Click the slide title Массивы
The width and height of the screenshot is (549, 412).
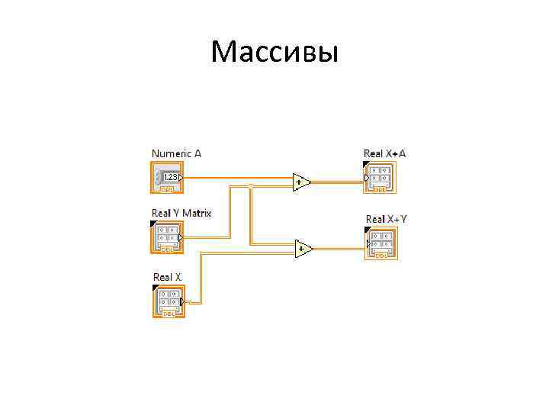[x=274, y=53]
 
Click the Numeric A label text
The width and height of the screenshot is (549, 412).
[x=176, y=153]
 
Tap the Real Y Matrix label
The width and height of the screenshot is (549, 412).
[x=181, y=212]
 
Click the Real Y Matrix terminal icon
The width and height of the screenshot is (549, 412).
[x=166, y=237]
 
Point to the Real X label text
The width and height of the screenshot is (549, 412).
[x=167, y=276]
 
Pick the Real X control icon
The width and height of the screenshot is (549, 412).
[x=167, y=301]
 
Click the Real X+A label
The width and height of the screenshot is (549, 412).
[x=385, y=153]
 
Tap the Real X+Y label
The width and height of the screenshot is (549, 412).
[x=386, y=219]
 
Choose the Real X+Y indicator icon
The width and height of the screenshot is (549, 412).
[x=380, y=243]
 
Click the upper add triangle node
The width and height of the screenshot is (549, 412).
[x=301, y=182]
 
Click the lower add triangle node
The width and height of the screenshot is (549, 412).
[x=303, y=248]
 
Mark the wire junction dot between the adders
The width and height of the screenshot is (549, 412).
[x=251, y=185]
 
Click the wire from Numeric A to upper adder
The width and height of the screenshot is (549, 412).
[x=236, y=178]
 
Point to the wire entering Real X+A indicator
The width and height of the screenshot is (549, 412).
[x=339, y=182]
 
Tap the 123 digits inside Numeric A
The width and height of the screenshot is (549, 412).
[x=172, y=177]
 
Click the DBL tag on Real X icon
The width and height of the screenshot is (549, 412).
[x=167, y=314]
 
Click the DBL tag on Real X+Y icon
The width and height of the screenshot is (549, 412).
[x=380, y=256]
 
